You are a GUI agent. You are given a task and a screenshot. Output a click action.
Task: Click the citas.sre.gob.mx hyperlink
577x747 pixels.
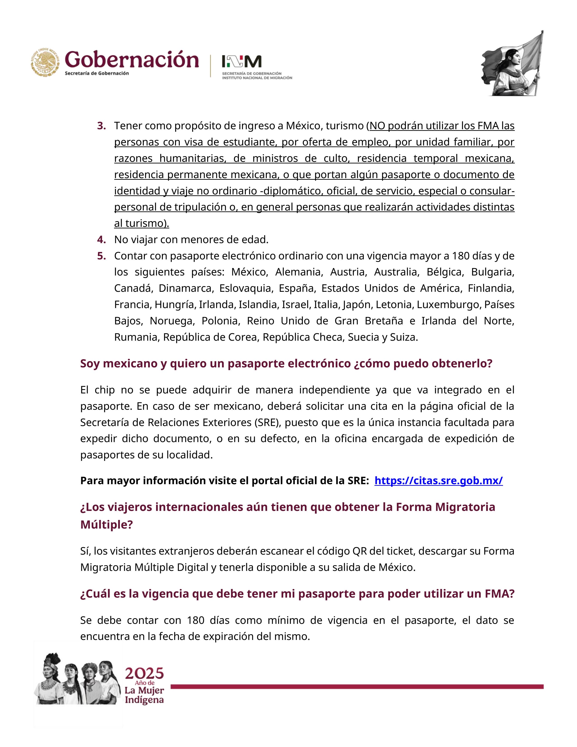(438, 481)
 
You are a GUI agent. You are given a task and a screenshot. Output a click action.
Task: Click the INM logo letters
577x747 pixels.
(241, 62)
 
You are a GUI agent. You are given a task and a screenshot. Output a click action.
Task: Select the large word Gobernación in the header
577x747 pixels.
(132, 60)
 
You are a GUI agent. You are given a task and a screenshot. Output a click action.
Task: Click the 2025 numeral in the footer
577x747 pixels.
(144, 674)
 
